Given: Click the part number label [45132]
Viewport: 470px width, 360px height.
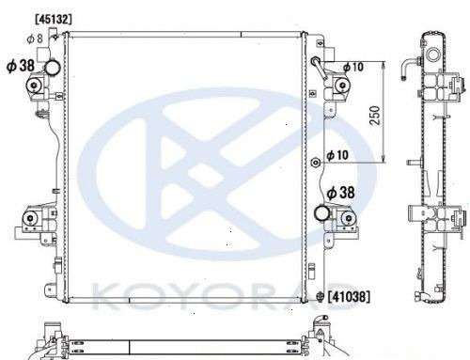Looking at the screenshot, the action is pos(54,20).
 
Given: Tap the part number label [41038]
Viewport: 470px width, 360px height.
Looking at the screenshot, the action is pos(349,296).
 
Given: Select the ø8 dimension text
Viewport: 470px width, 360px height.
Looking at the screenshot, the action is pos(35,39).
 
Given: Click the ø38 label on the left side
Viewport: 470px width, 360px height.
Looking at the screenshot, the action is pos(21,66).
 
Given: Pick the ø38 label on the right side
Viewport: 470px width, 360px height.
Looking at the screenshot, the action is pos(340,193).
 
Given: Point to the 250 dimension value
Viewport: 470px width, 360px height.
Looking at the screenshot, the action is pos(375,116).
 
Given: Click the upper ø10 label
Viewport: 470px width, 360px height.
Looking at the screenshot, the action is pos(353,67).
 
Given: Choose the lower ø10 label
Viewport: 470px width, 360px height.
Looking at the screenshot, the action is pos(337,155).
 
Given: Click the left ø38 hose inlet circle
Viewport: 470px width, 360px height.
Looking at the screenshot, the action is pos(52,68).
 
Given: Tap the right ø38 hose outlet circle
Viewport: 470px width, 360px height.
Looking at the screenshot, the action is pos(321,213).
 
